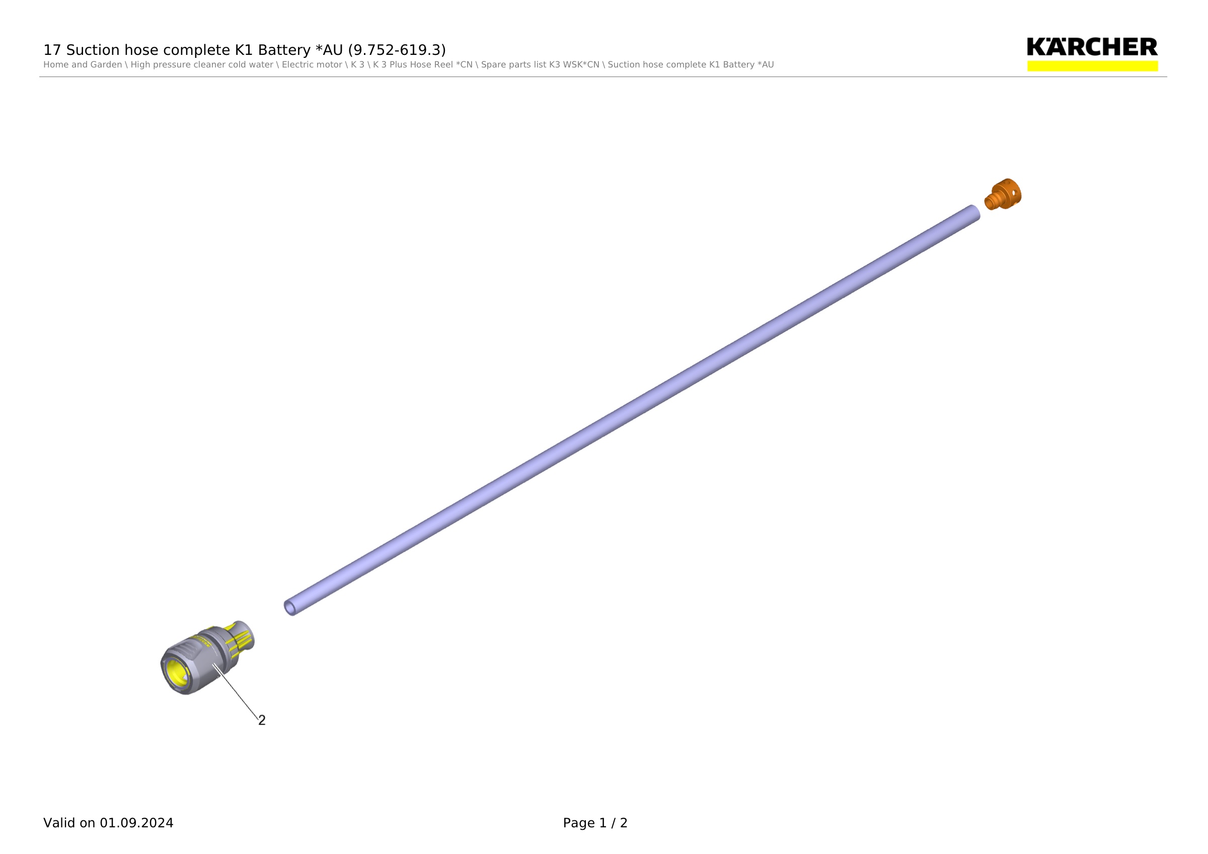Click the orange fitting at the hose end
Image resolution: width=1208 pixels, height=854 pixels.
[x=1003, y=194]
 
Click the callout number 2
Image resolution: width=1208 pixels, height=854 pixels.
[x=262, y=721]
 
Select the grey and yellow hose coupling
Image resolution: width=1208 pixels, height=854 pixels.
[x=207, y=658]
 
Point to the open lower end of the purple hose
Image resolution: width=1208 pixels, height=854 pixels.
[x=290, y=608]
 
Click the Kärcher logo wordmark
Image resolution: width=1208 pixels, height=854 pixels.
[x=1092, y=47]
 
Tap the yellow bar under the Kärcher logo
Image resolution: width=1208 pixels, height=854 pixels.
[x=1092, y=66]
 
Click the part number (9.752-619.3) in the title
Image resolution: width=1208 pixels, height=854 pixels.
[x=397, y=50]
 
